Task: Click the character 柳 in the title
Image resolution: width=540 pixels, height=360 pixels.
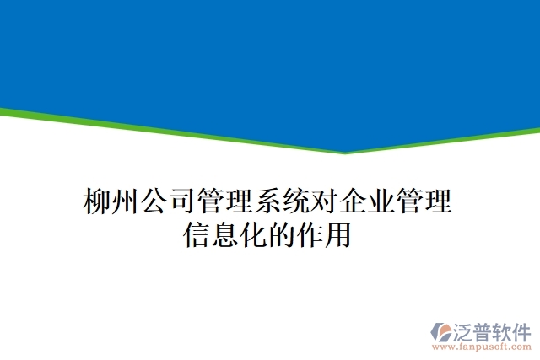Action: coord(98,202)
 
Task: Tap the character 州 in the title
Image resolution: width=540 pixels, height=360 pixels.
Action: coord(126,202)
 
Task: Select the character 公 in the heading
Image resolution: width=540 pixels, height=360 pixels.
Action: coord(154,202)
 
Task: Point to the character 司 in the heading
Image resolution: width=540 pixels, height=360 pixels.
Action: coord(182,202)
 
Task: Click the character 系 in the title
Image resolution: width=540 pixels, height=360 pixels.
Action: coord(267,202)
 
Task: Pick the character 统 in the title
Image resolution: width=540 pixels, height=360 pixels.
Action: coord(296,202)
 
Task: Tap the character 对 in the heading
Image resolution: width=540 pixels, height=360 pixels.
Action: coord(325,202)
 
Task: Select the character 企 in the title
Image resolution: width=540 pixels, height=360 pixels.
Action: coord(354,202)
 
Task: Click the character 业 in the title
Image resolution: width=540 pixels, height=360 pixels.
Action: coord(381,202)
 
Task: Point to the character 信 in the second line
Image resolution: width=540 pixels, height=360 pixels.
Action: coord(197,234)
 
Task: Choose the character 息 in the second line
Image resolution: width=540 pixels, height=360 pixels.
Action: coord(225,234)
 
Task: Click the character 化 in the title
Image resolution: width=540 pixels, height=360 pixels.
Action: coord(253,234)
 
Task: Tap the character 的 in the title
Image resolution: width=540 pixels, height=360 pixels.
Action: coord(282,234)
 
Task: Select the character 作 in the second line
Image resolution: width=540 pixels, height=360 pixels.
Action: coord(310,234)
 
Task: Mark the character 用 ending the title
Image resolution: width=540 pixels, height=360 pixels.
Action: coord(337,234)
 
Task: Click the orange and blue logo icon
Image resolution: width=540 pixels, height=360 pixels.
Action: coord(445,332)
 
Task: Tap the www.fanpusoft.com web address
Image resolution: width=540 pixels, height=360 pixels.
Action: coord(481,347)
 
